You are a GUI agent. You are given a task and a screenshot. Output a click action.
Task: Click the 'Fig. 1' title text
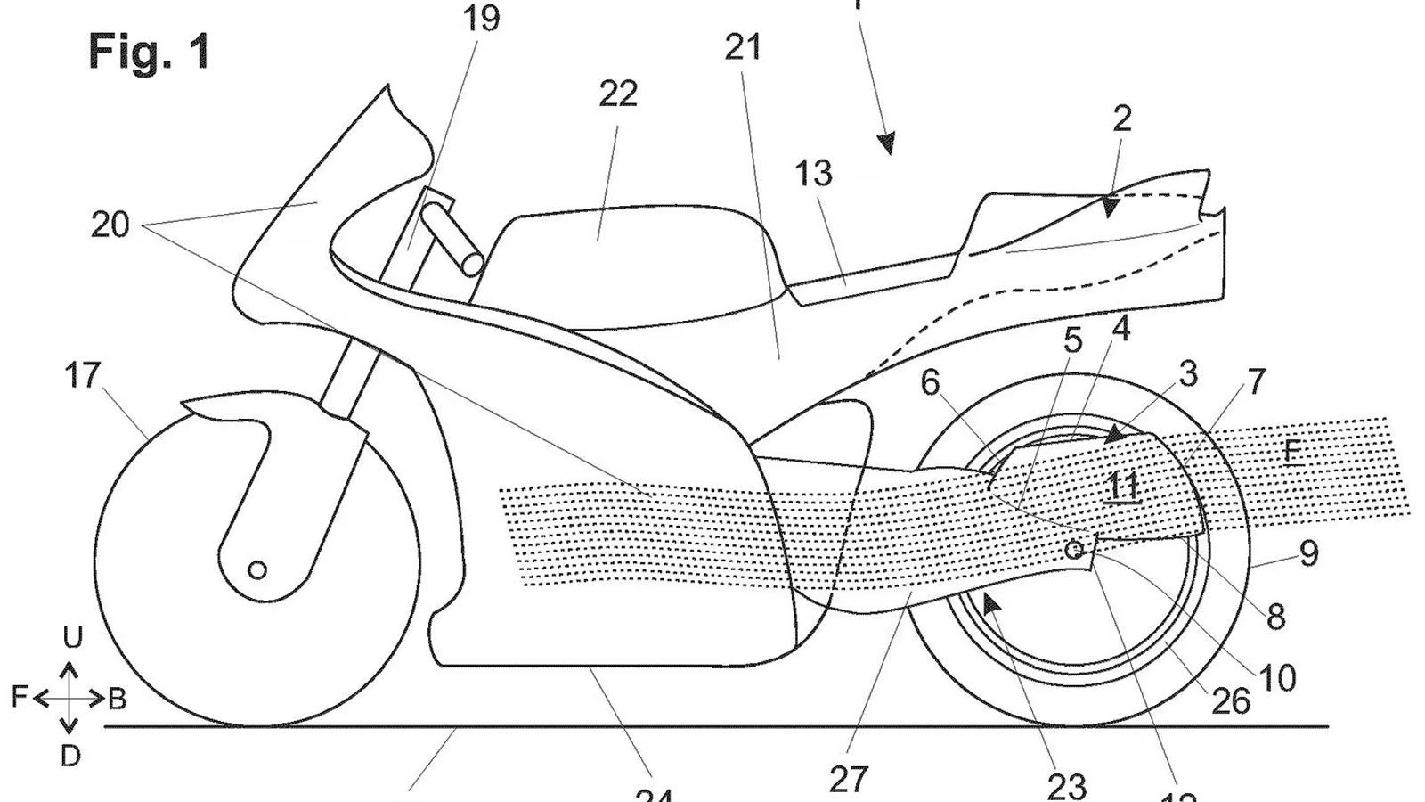coord(149,52)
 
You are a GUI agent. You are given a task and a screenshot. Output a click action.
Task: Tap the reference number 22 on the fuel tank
coord(618,94)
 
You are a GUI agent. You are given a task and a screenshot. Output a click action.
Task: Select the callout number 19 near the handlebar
coord(482,18)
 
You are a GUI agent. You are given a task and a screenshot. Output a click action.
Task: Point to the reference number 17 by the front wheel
coord(82,376)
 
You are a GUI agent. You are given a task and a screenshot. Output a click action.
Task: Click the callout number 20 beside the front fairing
coord(110,225)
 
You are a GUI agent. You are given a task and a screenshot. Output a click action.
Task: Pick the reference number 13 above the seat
coord(812,173)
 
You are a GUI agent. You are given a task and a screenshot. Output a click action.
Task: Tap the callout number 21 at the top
coord(743,47)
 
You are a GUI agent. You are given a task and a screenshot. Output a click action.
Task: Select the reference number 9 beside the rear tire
coord(1307,553)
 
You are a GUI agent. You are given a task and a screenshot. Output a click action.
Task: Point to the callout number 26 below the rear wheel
coord(1231,701)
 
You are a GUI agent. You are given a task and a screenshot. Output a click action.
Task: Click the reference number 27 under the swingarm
coord(848,778)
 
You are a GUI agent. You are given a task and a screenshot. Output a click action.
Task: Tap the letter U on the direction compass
coord(72,637)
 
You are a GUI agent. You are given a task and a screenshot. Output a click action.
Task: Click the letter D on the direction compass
coord(70,757)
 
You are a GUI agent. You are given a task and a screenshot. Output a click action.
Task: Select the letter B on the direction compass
coord(117,700)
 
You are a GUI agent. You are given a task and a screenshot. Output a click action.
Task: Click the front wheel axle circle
coord(256,569)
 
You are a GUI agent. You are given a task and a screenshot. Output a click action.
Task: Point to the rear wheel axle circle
coord(1075,550)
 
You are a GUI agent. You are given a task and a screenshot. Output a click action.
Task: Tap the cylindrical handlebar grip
coord(453,241)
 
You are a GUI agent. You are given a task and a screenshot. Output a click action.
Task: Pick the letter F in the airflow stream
coord(1291,453)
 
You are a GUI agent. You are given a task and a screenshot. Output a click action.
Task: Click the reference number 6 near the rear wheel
coord(930,383)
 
